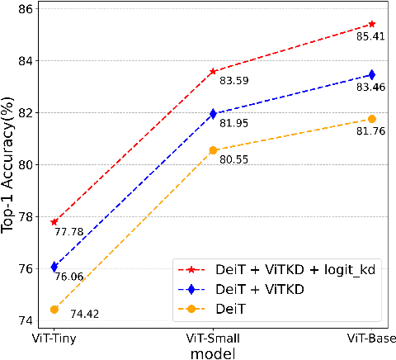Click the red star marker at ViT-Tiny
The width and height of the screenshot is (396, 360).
pyautogui.click(x=54, y=222)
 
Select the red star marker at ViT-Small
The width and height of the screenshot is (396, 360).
pyautogui.click(x=213, y=71)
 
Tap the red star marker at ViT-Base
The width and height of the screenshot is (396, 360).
pyautogui.click(x=371, y=24)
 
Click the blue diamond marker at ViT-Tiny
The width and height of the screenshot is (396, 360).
pyautogui.click(x=54, y=267)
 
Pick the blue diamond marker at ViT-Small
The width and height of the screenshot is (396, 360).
pyautogui.click(x=213, y=114)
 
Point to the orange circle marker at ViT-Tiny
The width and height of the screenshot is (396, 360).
pyautogui.click(x=54, y=310)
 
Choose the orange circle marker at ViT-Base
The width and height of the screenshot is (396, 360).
pyautogui.click(x=371, y=119)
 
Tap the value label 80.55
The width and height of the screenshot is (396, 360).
pyautogui.click(x=234, y=158)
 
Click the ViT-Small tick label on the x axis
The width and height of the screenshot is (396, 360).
pyautogui.click(x=213, y=339)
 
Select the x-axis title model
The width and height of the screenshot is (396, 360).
pyautogui.click(x=213, y=353)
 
